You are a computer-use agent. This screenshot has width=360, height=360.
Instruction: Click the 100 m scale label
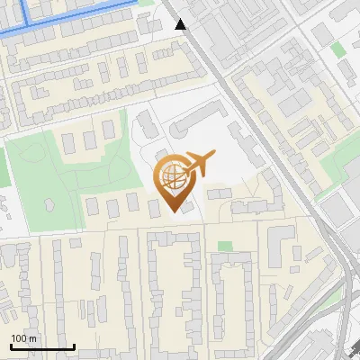click(23, 338)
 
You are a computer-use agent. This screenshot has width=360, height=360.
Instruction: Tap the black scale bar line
click(42, 346)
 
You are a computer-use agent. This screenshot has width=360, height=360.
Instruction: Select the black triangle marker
click(181, 24)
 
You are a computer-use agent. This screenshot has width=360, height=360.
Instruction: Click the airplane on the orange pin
click(199, 163)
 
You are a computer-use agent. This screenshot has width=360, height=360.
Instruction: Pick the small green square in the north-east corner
click(337, 49)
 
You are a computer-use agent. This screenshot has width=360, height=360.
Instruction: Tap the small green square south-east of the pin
click(224, 246)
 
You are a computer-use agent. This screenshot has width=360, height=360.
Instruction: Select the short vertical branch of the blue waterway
click(25, 9)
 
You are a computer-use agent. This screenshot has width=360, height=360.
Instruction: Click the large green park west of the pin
click(45, 180)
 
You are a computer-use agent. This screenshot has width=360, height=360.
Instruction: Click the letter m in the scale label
click(33, 339)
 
